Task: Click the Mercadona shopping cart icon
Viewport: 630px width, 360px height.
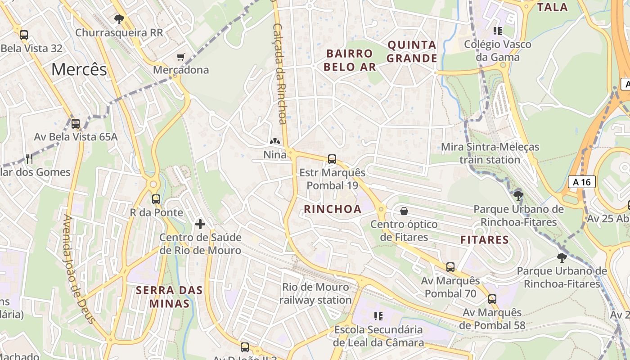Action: coord(181,57)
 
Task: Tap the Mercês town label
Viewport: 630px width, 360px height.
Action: coord(79,69)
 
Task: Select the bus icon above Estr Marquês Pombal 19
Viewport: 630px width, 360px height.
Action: coord(332,159)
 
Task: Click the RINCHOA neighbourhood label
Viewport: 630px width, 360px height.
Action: coord(333,209)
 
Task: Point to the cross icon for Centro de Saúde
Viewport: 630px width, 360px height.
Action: coord(200,224)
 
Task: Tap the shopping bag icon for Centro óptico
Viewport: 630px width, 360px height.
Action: coord(404,211)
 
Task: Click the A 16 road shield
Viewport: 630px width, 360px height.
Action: coord(581,182)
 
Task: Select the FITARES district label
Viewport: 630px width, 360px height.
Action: coord(485,240)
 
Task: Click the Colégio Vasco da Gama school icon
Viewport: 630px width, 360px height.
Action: coord(498,31)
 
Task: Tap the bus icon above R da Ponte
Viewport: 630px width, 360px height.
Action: coord(156,199)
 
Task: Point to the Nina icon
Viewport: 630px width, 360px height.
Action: coord(274,142)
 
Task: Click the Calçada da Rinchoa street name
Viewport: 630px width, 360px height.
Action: coord(280,74)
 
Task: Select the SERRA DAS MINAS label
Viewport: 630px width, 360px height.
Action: coord(170,297)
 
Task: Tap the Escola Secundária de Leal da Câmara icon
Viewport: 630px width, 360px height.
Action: coord(378,316)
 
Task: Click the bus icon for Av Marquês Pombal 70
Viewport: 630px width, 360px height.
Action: coord(450,267)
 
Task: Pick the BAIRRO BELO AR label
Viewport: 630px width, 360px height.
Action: coord(350,60)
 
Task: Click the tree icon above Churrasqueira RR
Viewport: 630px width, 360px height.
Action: coord(119,19)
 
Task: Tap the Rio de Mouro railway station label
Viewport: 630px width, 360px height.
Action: coord(315,293)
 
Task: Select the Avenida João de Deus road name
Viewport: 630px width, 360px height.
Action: coord(79,269)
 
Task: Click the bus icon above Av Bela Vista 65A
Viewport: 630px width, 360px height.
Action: coord(76,123)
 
